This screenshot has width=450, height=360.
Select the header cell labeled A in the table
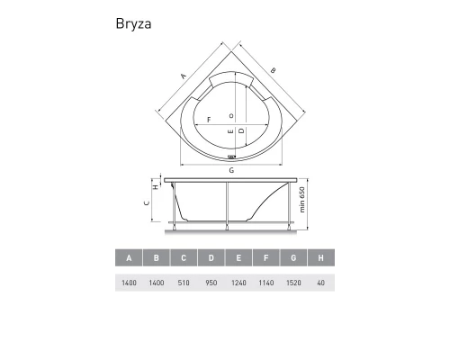click(x=130, y=260)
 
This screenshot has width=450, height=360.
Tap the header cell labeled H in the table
click(x=320, y=260)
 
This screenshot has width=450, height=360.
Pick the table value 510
click(x=184, y=283)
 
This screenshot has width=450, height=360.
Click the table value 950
click(x=211, y=283)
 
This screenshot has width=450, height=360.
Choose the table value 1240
click(x=238, y=283)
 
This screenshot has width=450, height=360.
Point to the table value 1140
click(x=265, y=283)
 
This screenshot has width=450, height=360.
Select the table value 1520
click(x=293, y=283)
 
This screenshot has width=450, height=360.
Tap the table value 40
click(x=320, y=283)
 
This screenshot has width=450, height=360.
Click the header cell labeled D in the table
click(x=211, y=260)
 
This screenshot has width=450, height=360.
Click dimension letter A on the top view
click(x=183, y=76)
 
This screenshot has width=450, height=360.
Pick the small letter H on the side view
click(x=156, y=188)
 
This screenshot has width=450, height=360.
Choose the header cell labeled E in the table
click(x=238, y=260)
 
